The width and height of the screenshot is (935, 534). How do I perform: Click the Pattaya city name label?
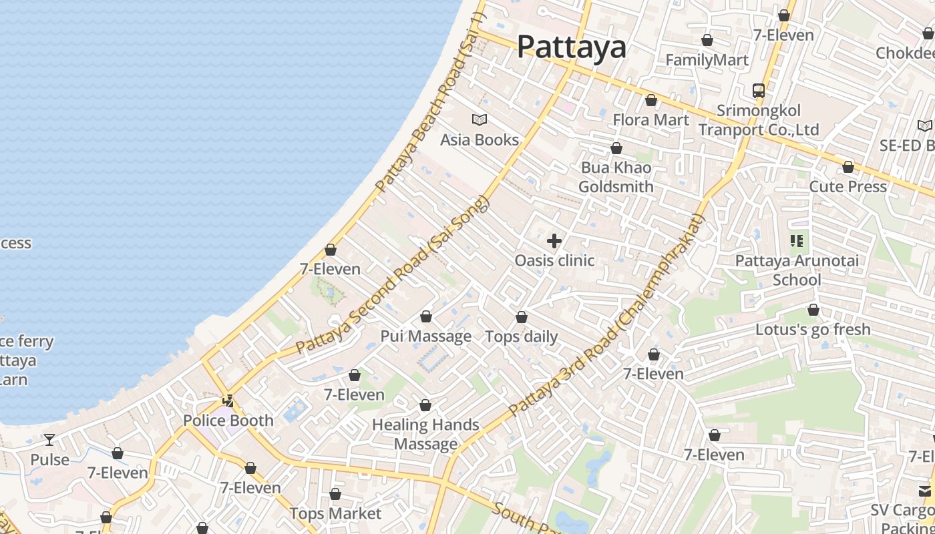coord(572,47)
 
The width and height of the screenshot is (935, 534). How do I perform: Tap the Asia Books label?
coord(480,140)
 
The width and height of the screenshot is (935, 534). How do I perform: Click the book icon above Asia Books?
coord(480,120)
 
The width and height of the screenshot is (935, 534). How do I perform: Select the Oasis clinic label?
coord(554,260)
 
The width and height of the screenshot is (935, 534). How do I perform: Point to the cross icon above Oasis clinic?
coord(554,241)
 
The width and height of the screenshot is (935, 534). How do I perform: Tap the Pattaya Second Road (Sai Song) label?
coord(393,275)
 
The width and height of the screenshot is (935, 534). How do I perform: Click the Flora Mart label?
coord(650,119)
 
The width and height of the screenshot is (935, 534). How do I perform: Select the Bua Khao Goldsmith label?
coord(616,177)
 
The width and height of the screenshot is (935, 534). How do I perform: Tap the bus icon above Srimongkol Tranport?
coord(759,90)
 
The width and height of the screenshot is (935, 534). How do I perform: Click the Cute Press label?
coord(848,186)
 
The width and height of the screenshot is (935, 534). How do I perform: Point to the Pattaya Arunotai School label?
coord(797,270)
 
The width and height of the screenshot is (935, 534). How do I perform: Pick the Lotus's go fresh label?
coord(813,329)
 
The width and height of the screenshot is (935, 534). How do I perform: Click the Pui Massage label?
coord(426,336)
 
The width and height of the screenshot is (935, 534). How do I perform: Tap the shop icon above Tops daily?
coord(522,317)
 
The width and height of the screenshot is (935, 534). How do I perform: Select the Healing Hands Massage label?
coord(425,434)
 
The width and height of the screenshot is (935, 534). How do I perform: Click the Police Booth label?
coord(228,421)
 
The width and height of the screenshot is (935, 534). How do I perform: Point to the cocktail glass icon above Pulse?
coord(49,440)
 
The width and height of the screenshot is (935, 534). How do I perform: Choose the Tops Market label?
coord(335,513)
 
